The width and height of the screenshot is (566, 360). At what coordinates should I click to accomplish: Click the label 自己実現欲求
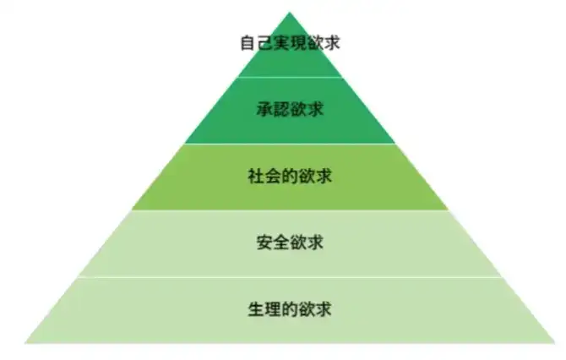click(290, 42)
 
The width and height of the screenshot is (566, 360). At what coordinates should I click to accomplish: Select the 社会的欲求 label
click(290, 177)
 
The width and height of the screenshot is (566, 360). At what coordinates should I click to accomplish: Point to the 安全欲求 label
click(290, 243)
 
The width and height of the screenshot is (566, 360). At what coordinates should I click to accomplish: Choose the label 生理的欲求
click(290, 309)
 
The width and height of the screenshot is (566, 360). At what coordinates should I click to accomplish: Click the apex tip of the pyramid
click(290, 12)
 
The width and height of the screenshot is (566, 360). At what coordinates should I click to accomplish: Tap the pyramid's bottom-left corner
click(25, 342)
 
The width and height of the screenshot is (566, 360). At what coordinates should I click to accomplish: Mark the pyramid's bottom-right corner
click(554, 342)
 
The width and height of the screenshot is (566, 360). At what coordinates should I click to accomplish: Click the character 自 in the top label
click(248, 42)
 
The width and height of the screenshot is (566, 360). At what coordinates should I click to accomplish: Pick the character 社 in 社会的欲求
click(256, 177)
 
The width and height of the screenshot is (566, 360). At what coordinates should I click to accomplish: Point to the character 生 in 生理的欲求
click(256, 309)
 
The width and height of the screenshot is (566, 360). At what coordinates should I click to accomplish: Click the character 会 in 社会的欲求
click(273, 177)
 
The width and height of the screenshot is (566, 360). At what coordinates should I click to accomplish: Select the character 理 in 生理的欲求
click(273, 309)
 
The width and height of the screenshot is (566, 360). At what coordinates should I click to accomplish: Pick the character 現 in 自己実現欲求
click(298, 42)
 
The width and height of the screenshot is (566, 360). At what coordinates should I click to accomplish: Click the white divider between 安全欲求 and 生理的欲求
click(290, 276)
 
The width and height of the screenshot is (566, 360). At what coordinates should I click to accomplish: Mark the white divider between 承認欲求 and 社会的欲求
click(290, 144)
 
